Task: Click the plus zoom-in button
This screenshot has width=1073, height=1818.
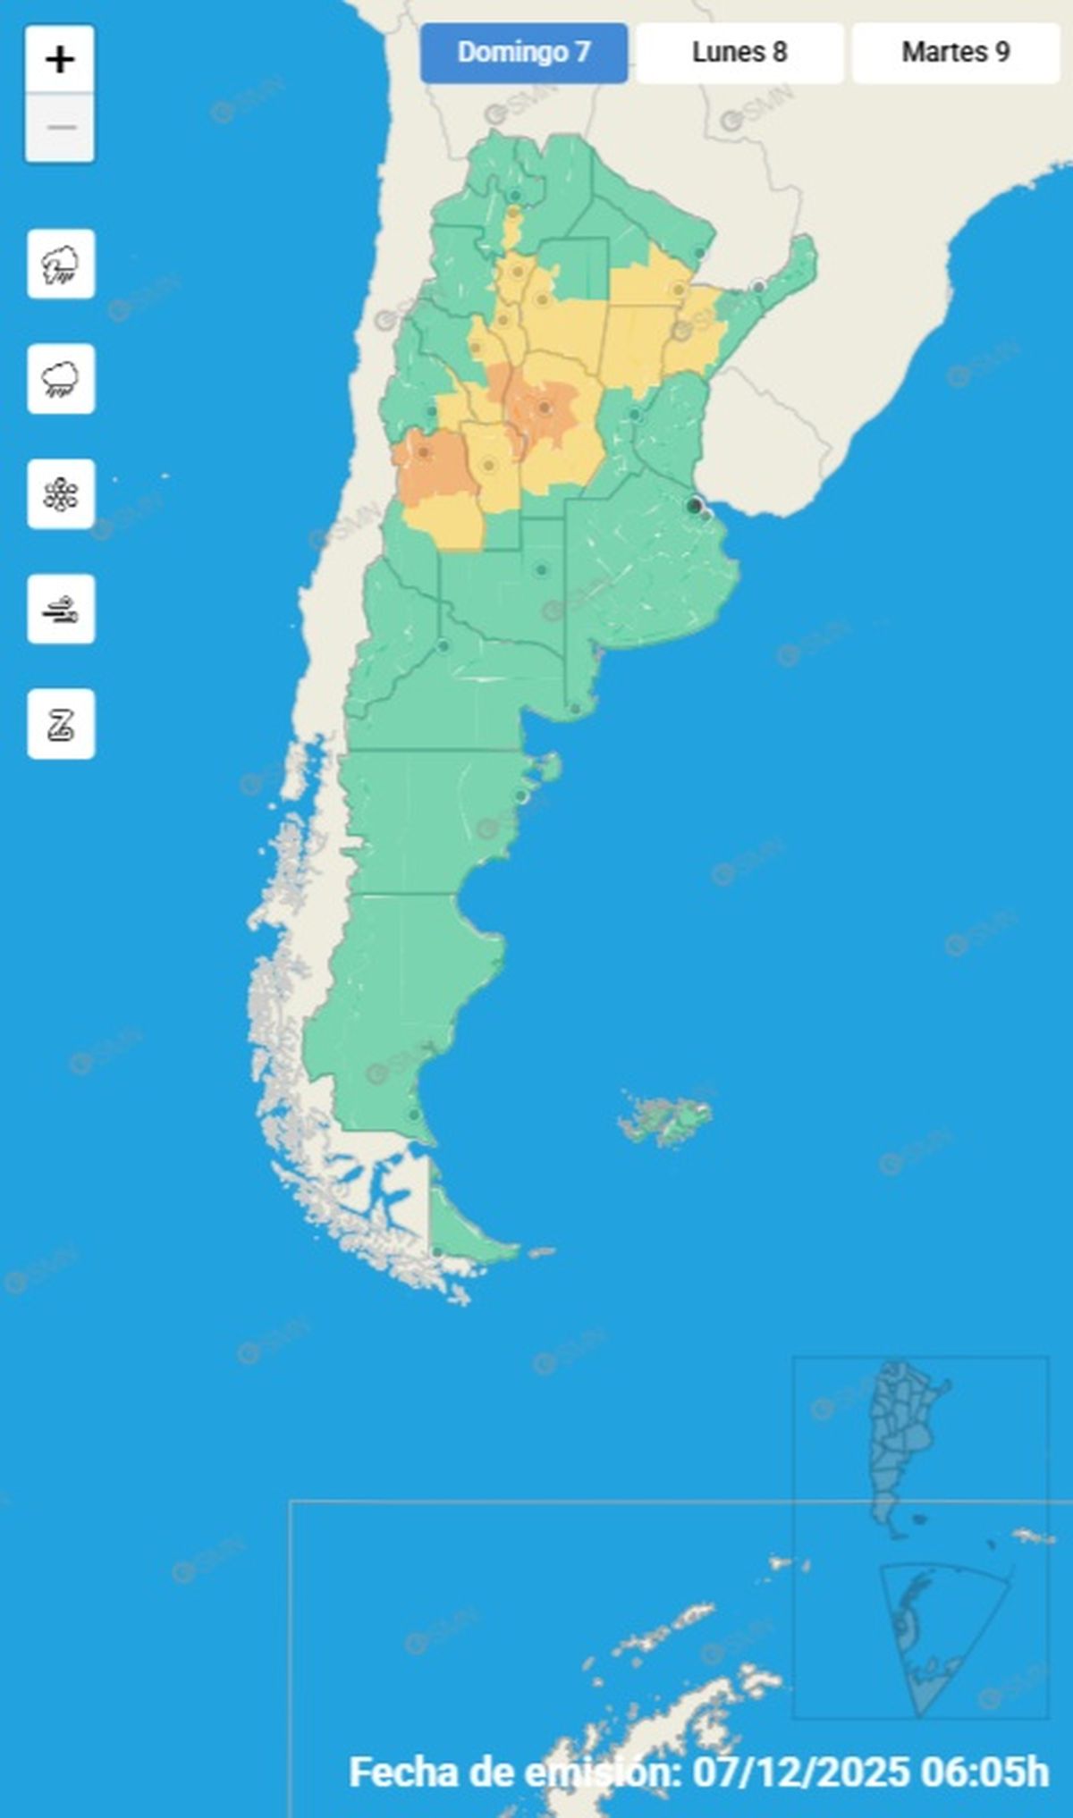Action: pyautogui.click(x=60, y=61)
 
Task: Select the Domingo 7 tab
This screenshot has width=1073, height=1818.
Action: pyautogui.click(x=524, y=53)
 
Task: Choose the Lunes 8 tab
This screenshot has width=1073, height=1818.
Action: pyautogui.click(x=739, y=53)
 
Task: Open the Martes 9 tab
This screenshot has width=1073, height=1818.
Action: pyautogui.click(x=955, y=53)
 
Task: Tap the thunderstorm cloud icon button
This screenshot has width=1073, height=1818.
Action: pyautogui.click(x=61, y=264)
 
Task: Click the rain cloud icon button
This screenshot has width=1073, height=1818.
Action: pyautogui.click(x=61, y=379)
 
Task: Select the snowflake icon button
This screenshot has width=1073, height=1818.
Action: pyautogui.click(x=61, y=494)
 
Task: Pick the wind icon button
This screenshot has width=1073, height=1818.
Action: pyautogui.click(x=61, y=610)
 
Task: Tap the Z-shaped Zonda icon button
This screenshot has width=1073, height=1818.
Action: pyautogui.click(x=61, y=724)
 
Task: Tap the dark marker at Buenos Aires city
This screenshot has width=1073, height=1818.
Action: pyautogui.click(x=694, y=506)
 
